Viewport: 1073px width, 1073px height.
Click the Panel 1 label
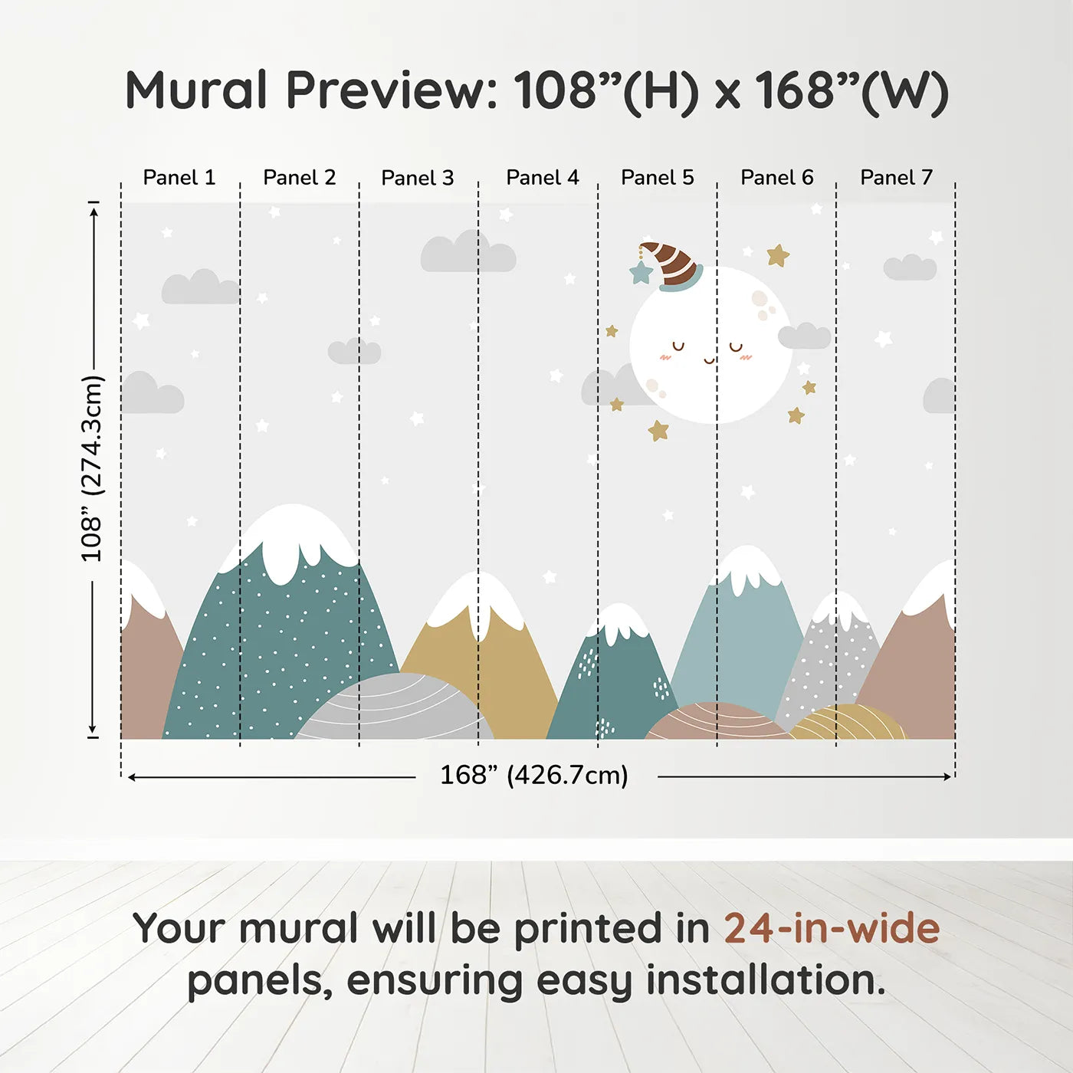coord(179,178)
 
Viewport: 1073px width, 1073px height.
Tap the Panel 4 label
coord(543,178)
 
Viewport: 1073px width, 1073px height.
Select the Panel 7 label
coord(896,178)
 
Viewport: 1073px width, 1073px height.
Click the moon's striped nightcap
coord(673,266)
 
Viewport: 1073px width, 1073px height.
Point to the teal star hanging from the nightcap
coord(640,272)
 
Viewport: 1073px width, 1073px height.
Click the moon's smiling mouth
coord(709,359)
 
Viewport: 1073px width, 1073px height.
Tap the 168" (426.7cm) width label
coord(534,776)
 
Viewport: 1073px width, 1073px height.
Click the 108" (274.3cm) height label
coord(92,468)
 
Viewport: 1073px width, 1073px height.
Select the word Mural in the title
coord(197,90)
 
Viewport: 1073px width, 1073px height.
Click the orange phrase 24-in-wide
coord(832,929)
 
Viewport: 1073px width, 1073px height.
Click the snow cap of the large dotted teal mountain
coord(294,536)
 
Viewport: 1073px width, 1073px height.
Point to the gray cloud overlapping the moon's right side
coord(804,336)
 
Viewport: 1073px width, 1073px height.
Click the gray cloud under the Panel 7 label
coord(910,267)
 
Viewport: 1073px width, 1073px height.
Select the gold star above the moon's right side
coord(778,255)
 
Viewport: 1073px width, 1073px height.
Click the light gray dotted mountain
coord(832,659)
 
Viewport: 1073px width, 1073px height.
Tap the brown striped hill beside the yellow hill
coord(716,722)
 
